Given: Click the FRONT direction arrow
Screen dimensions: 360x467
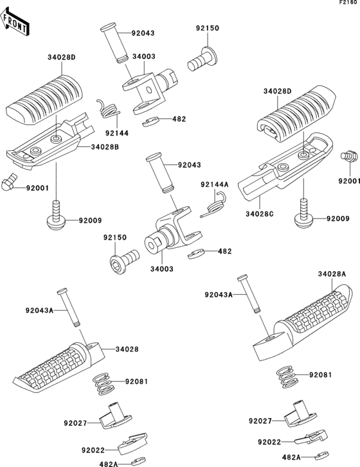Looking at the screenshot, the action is (x=15, y=22).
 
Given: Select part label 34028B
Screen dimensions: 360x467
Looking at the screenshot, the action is (x=105, y=147).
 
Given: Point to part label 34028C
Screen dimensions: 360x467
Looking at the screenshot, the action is (x=260, y=214).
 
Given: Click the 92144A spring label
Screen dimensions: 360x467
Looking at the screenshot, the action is (x=215, y=184).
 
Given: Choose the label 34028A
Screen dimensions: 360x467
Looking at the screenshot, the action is (x=332, y=274).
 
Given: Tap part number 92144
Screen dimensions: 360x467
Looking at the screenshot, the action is (x=117, y=133).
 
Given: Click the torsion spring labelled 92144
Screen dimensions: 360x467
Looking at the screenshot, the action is (x=108, y=109).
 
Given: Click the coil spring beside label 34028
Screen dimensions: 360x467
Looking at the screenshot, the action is (x=104, y=385).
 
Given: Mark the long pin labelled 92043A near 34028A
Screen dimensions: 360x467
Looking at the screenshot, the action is (x=249, y=294).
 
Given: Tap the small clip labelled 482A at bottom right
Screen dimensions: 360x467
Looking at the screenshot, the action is (x=322, y=455).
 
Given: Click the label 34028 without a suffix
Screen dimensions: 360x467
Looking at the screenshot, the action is (x=127, y=349).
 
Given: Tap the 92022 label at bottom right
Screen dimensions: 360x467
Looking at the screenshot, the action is (x=270, y=443).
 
